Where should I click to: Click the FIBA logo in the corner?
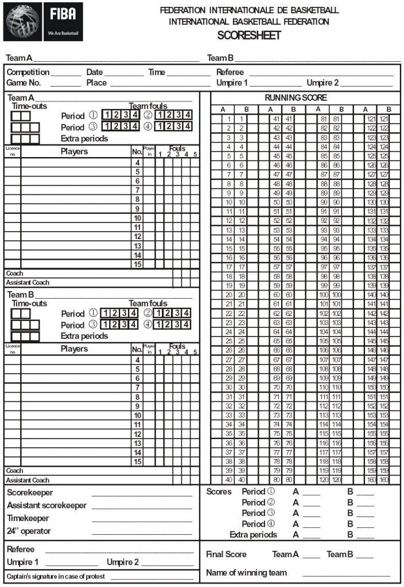(43, 22)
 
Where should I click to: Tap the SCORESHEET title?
(248, 36)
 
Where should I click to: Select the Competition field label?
(28, 73)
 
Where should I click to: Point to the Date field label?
(95, 73)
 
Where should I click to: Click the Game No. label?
(24, 83)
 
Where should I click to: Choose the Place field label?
(96, 83)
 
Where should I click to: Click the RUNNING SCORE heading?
(296, 98)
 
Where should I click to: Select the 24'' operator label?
(29, 531)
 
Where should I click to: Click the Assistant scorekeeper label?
(46, 506)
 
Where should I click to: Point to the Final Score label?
(226, 554)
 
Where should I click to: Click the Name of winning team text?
(246, 573)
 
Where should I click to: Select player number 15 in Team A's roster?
(138, 264)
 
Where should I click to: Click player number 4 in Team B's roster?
(138, 359)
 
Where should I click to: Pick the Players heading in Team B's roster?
(74, 349)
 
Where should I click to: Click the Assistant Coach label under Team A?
(28, 283)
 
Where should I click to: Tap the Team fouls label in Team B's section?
(148, 303)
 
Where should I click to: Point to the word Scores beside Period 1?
(219, 492)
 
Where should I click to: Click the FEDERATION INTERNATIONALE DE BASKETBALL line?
(249, 10)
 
